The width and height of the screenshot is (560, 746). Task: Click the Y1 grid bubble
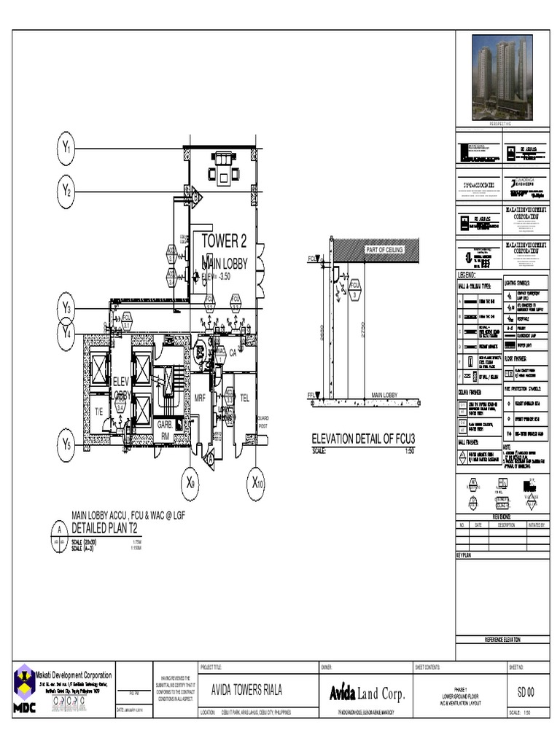(66, 149)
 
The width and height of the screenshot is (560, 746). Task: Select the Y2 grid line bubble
(66, 191)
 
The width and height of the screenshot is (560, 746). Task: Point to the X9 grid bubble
(190, 482)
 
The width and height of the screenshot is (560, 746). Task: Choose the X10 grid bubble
(257, 482)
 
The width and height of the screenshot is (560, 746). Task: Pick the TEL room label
(245, 398)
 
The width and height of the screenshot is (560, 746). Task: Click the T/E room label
(98, 412)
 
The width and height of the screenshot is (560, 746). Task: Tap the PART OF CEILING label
(384, 250)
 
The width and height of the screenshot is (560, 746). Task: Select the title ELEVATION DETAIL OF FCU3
(368, 439)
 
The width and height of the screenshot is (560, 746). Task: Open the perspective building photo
(499, 71)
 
